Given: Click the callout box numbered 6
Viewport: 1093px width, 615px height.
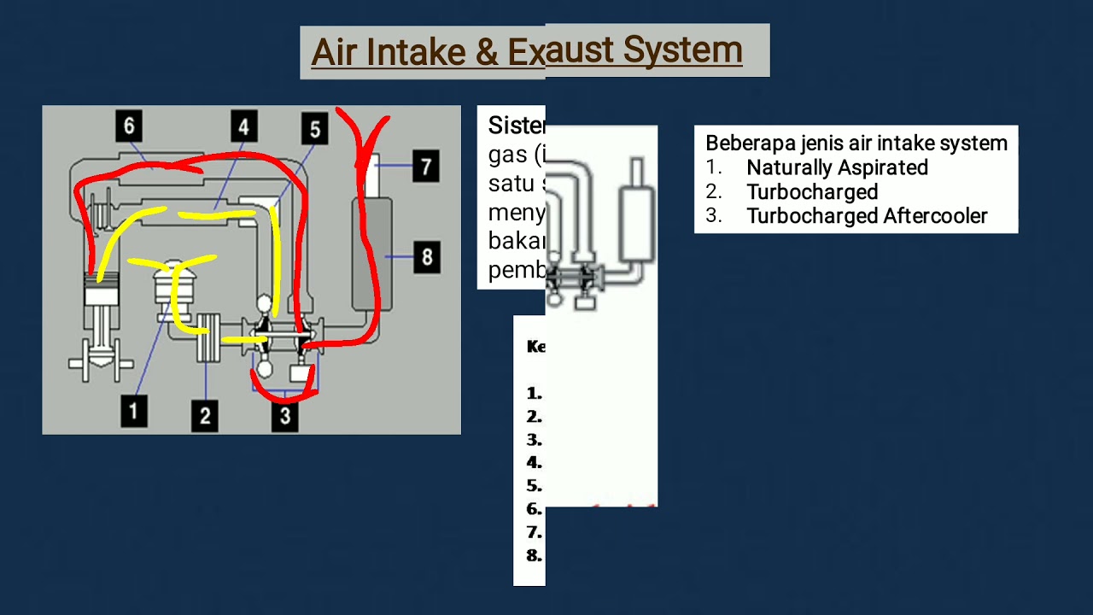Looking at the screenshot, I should click(129, 126).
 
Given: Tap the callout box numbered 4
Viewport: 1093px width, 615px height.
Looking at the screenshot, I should click(243, 127).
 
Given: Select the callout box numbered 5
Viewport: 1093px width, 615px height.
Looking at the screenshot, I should click(314, 129).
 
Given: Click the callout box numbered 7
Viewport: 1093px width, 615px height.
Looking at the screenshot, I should click(425, 166).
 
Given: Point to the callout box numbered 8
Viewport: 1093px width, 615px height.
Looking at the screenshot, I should click(426, 256).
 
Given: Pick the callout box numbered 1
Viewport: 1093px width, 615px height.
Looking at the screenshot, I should click(133, 411).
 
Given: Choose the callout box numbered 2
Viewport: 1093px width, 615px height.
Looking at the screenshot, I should click(205, 415).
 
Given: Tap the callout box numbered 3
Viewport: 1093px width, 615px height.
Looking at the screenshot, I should click(284, 415).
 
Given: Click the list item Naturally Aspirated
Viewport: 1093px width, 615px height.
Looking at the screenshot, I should click(837, 168).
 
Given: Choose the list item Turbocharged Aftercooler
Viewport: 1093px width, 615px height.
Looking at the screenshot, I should click(867, 216).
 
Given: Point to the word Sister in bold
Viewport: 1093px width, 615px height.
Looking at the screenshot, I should click(516, 126).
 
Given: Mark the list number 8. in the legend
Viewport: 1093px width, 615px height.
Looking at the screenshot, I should click(535, 555).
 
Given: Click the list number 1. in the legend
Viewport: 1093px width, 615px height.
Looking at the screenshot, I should click(535, 394).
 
